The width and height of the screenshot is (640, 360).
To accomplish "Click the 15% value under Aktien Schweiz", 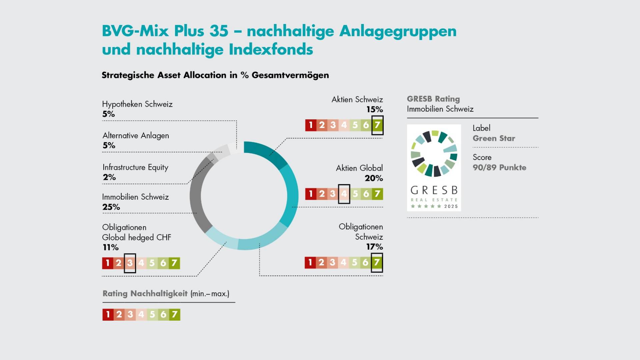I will pyautogui.click(x=374, y=109).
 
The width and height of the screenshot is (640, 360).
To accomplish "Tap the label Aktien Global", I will pyautogui.click(x=359, y=168).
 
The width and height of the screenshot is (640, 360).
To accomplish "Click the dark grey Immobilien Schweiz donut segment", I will pyautogui.click(x=196, y=197).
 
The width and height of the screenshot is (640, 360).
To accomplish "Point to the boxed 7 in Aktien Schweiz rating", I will pyautogui.click(x=377, y=125).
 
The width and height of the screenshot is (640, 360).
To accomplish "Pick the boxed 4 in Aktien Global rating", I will pyautogui.click(x=344, y=194).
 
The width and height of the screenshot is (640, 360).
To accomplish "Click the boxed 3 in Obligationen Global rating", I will pyautogui.click(x=130, y=263).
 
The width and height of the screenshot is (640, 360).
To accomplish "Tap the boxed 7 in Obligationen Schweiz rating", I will pyautogui.click(x=377, y=262).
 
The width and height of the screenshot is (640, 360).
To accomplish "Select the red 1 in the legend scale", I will pyautogui.click(x=108, y=314).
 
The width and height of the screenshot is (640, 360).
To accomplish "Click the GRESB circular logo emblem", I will pyautogui.click(x=434, y=154).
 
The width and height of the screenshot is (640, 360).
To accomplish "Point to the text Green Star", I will pyautogui.click(x=494, y=138).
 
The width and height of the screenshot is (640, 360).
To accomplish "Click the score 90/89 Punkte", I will pyautogui.click(x=499, y=168).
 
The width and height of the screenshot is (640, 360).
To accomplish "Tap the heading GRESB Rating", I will pyautogui.click(x=433, y=99).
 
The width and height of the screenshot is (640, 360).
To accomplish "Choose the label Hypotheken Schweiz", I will pyautogui.click(x=137, y=104).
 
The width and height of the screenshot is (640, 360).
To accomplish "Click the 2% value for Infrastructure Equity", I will pyautogui.click(x=109, y=177).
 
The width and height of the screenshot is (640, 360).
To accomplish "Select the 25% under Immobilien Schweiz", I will pyautogui.click(x=111, y=207).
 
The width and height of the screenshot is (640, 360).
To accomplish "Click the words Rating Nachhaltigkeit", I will pyautogui.click(x=145, y=294).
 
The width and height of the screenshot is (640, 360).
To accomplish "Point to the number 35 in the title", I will pyautogui.click(x=219, y=31).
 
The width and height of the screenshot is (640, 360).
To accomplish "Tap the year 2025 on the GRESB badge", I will pyautogui.click(x=451, y=206).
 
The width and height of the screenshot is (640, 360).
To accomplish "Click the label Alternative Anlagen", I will pyautogui.click(x=136, y=136).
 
